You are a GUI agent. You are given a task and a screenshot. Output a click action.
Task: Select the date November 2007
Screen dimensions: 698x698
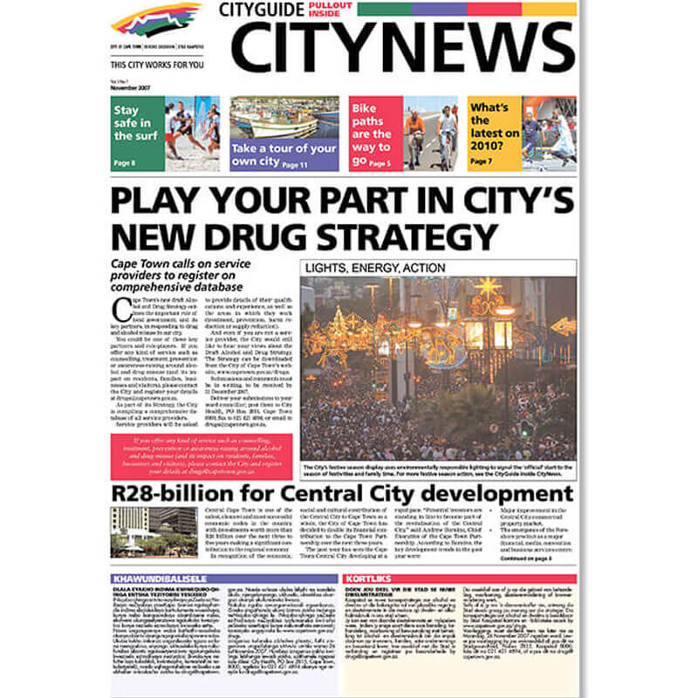click(x=129, y=88)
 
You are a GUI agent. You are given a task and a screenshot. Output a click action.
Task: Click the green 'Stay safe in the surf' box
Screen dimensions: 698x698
click(x=137, y=133)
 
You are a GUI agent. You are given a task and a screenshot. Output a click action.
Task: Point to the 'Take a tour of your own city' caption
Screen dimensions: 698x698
click(x=284, y=154)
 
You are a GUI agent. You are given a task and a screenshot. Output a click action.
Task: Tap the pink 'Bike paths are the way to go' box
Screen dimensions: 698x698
click(x=374, y=133)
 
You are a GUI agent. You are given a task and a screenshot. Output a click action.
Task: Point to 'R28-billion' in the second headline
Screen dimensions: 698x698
click(x=190, y=494)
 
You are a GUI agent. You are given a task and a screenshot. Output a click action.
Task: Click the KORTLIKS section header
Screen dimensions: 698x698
click(x=366, y=578)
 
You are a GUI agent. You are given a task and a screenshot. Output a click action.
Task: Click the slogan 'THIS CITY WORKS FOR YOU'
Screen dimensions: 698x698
click(x=157, y=65)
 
